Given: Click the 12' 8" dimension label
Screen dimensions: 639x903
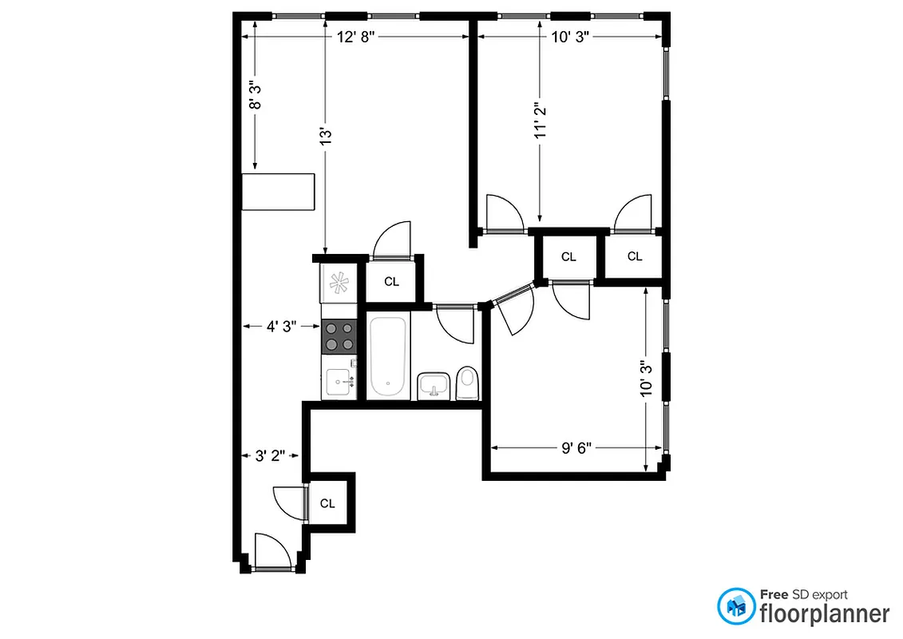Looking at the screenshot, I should pos(354,38).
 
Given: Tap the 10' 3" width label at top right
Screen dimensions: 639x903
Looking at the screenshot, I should pos(571,38).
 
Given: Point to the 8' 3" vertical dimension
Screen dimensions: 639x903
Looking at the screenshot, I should pos(255,94).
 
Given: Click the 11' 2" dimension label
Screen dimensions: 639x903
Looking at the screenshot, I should pos(541,121).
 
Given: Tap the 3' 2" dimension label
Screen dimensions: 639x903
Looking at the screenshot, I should pos(271,456).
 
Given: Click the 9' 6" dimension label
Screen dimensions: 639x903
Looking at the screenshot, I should pos(577,448).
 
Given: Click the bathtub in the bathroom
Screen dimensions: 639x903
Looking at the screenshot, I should pos(389,356).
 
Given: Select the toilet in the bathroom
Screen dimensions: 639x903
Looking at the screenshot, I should pos(467,383).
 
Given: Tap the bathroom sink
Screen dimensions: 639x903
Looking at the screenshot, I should pos(434,385).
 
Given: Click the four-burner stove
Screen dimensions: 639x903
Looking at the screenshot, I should pos(339,335).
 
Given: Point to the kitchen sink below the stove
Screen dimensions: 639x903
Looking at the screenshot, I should pos(340,379).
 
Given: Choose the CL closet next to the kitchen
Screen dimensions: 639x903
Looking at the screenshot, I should pos(391,281).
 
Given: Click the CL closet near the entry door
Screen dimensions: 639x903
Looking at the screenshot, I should pos(327,503).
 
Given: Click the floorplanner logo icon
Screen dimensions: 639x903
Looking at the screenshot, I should pos(736,606).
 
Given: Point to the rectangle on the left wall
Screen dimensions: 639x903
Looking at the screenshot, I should pos(279,192).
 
